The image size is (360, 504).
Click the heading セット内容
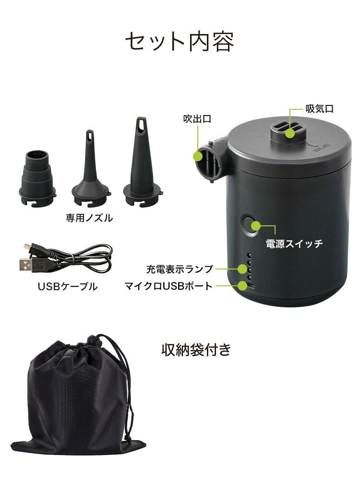(180, 42)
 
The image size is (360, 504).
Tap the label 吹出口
(197, 118)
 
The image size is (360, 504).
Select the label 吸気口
(319, 109)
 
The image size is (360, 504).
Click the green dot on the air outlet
(198, 156)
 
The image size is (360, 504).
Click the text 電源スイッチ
(294, 243)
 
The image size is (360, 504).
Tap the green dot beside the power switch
(256, 225)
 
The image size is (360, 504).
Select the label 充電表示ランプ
(180, 269)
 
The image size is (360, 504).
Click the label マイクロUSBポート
(168, 286)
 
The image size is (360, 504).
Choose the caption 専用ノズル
(89, 218)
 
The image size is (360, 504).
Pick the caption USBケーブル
(67, 287)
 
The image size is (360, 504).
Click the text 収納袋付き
(196, 350)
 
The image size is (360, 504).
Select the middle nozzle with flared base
(90, 168)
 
